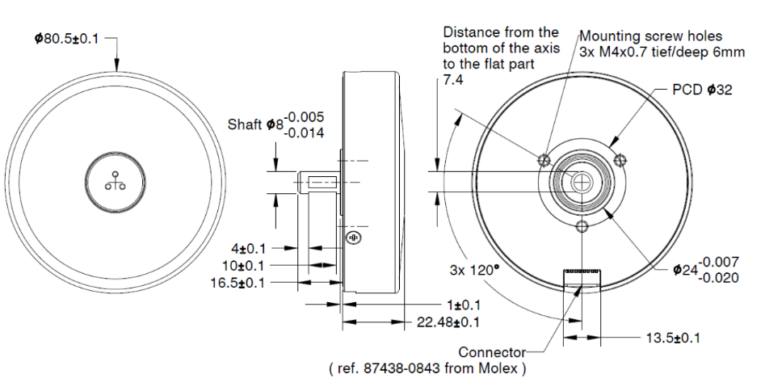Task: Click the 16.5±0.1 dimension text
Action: click(x=242, y=283)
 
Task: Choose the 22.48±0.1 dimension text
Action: click(x=448, y=322)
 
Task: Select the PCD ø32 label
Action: click(x=702, y=90)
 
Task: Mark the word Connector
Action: click(x=492, y=352)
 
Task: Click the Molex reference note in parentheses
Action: click(x=428, y=369)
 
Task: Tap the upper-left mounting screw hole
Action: click(x=544, y=157)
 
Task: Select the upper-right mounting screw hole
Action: click(x=620, y=157)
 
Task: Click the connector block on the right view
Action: click(x=582, y=276)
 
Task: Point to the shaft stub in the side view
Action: click(x=320, y=182)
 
